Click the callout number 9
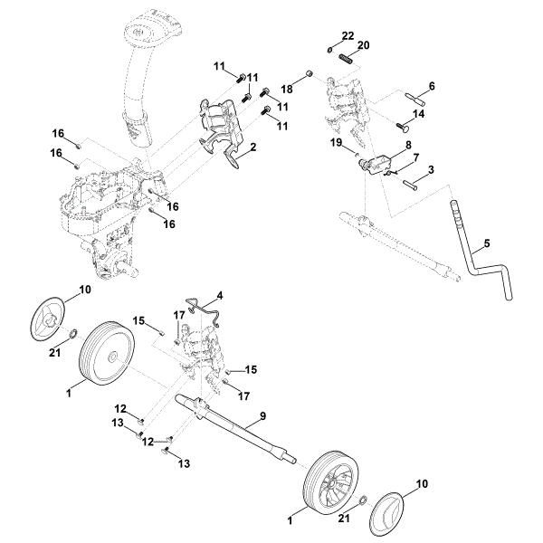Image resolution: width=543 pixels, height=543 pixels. click(262, 416)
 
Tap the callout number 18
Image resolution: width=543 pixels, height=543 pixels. click(288, 90)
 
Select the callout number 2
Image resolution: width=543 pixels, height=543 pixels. click(253, 146)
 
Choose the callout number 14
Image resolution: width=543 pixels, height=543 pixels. click(419, 114)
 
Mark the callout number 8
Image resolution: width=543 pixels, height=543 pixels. click(408, 144)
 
